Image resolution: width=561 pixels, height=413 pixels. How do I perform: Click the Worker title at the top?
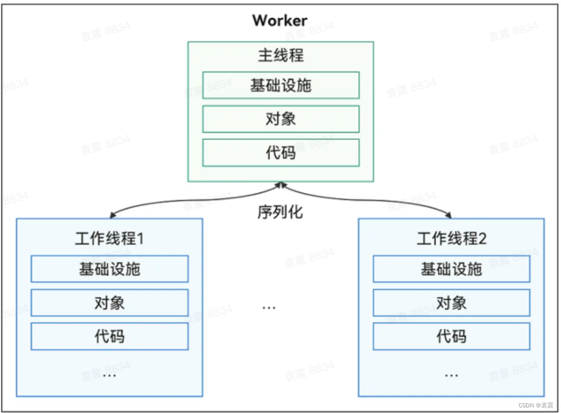[280, 21]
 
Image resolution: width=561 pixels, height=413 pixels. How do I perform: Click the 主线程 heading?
[280, 55]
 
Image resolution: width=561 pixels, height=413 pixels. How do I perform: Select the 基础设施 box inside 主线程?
[280, 85]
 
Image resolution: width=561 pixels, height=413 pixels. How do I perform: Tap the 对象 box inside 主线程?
[280, 119]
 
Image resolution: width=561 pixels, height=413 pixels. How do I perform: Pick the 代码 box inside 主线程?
[280, 152]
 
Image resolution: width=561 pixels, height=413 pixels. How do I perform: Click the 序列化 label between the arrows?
[280, 212]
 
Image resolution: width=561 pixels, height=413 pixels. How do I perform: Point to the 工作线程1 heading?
[109, 239]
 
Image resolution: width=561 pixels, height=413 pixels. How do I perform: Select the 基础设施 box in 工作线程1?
[109, 269]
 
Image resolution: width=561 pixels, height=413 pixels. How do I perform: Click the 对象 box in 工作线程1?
[109, 303]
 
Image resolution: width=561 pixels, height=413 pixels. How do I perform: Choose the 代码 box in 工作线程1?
[109, 336]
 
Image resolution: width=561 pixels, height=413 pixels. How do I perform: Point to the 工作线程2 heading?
[451, 239]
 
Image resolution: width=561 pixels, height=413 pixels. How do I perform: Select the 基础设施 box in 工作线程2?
[451, 269]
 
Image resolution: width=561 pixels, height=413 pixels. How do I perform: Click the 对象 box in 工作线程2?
[451, 303]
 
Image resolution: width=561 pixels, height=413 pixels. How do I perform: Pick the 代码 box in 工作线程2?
[451, 336]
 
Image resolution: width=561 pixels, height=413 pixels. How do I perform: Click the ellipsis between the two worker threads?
[269, 307]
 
